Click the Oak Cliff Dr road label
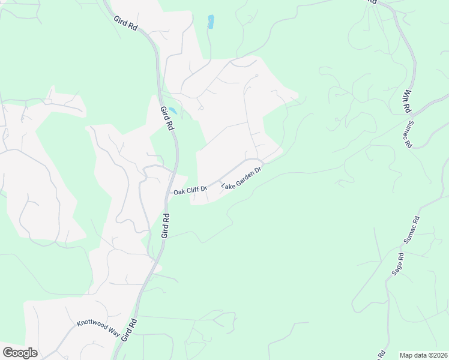point(190,191)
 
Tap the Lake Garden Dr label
point(243,178)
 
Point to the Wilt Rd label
point(407,101)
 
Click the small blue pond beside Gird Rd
point(172,111)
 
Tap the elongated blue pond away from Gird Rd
point(211,22)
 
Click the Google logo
point(20,353)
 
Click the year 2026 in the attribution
point(440,355)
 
